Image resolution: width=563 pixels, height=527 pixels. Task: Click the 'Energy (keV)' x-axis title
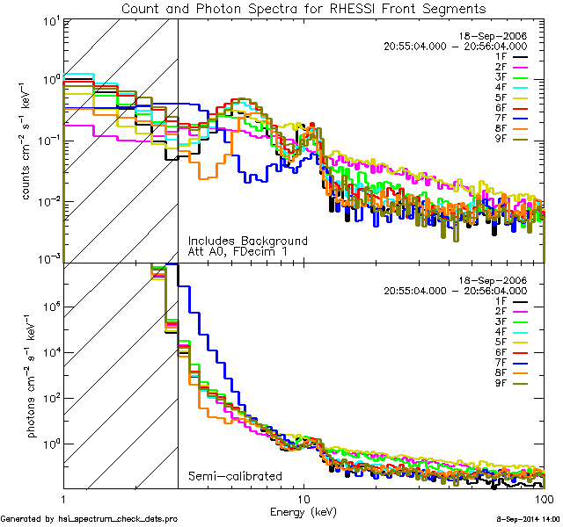point(302,511)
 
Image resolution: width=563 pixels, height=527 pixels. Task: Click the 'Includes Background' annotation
point(247,240)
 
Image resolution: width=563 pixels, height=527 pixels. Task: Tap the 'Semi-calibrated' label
point(235,477)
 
